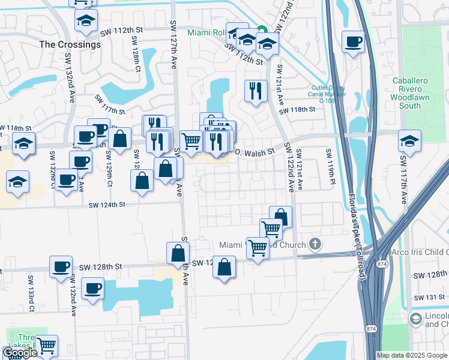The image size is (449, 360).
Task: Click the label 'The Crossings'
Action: [70, 44]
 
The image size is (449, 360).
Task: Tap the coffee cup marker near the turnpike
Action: [353, 42]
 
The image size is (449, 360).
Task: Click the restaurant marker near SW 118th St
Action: [256, 91]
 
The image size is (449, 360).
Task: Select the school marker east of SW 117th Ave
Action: [409, 142]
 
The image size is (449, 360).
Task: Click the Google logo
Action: [20, 353]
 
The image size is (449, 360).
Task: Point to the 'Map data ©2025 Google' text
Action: [411, 355]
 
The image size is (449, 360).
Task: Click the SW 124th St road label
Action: [107, 205]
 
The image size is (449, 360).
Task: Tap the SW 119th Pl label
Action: [330, 167]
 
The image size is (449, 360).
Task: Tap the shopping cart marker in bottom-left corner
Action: [46, 346]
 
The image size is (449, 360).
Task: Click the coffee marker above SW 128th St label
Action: [60, 266]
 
